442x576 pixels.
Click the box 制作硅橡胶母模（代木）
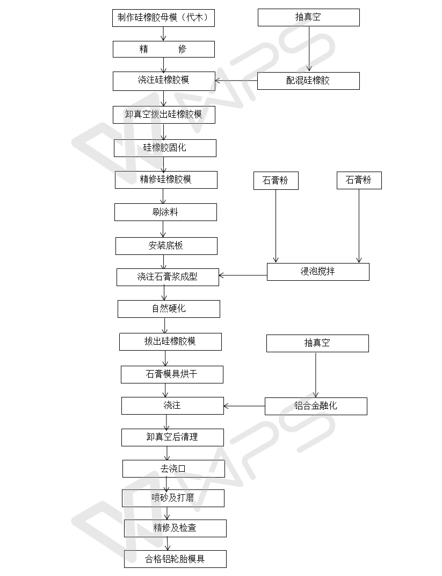[x=163, y=17]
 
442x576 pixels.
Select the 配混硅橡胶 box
[x=308, y=81]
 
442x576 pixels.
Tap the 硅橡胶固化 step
[x=165, y=148]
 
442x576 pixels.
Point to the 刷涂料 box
[x=165, y=212]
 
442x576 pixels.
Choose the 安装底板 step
[x=166, y=246]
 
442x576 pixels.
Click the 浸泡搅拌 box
[x=318, y=272]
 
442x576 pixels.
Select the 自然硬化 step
[x=169, y=309]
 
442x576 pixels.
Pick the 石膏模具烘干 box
[x=172, y=374]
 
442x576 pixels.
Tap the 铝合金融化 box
[x=316, y=406]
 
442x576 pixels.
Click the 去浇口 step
[x=173, y=468]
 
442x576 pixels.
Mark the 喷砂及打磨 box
[x=173, y=498]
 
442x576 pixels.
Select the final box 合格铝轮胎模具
[x=175, y=559]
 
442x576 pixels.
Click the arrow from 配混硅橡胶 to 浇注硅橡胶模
[x=236, y=82]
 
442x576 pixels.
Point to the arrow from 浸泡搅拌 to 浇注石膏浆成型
[x=243, y=276]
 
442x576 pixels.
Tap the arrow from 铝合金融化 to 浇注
[x=244, y=406]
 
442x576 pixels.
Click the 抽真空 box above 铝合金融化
[x=317, y=343]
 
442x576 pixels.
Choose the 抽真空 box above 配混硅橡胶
[x=308, y=17]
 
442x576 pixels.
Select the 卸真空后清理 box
[x=172, y=437]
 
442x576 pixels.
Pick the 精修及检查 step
[x=175, y=528]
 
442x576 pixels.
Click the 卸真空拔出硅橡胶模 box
[x=164, y=115]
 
